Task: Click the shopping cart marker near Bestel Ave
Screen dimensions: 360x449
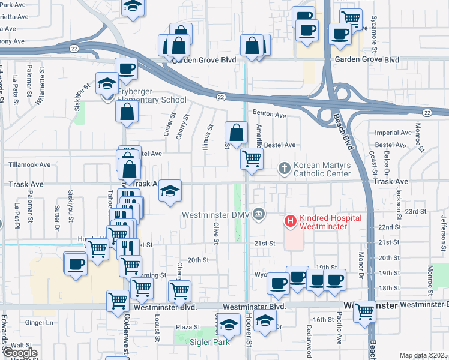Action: [252, 159]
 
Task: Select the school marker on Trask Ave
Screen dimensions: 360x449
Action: [170, 191]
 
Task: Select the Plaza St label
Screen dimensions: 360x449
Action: [187, 327]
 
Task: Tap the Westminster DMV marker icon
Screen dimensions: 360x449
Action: [259, 214]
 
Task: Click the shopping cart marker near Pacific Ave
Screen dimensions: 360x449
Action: [364, 311]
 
